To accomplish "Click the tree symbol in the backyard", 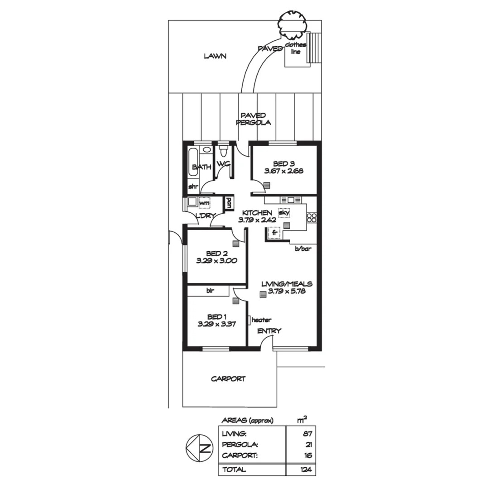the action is coord(292,24).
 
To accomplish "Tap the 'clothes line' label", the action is coord(296,48).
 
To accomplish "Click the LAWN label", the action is coord(215,57).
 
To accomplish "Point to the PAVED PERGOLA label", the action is coord(253,119).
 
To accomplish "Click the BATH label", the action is coord(201,167).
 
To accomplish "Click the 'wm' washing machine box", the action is coord(204,203).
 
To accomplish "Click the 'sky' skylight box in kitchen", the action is coord(284,212).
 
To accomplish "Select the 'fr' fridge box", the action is coord(274,233).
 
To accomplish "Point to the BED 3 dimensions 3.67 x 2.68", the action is coord(283,171).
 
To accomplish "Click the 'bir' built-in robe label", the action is coord(210,291).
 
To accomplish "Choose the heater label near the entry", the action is coord(261,320).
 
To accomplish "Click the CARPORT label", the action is coord(228,379).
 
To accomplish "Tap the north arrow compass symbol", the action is coord(200,448).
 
